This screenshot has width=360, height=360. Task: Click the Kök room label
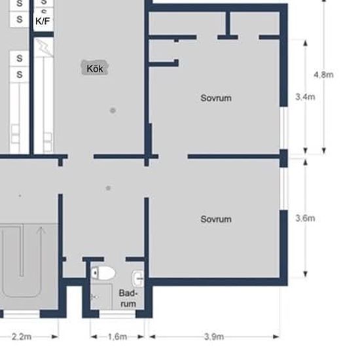click(95, 69)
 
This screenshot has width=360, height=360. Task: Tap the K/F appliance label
click(43, 21)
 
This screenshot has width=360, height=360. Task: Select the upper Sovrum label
click(216, 98)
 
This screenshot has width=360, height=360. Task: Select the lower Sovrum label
click(216, 219)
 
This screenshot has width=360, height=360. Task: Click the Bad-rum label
click(128, 298)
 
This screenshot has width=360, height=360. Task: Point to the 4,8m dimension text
click(323, 75)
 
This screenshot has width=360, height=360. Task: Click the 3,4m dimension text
click(305, 97)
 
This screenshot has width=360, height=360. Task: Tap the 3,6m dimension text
click(305, 218)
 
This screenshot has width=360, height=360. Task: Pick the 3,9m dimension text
click(214, 337)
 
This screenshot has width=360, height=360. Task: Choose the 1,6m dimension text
click(117, 337)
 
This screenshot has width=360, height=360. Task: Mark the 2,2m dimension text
click(22, 337)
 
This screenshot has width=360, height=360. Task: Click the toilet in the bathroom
click(103, 273)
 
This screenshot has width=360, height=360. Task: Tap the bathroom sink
click(137, 278)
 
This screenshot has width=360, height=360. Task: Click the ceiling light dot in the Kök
click(113, 111)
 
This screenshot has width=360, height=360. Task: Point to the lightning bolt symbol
click(45, 48)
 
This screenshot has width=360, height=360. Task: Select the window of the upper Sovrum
click(284, 128)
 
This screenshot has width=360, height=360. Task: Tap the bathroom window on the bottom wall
click(117, 314)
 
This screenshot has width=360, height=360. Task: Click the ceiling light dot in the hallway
click(108, 189)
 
